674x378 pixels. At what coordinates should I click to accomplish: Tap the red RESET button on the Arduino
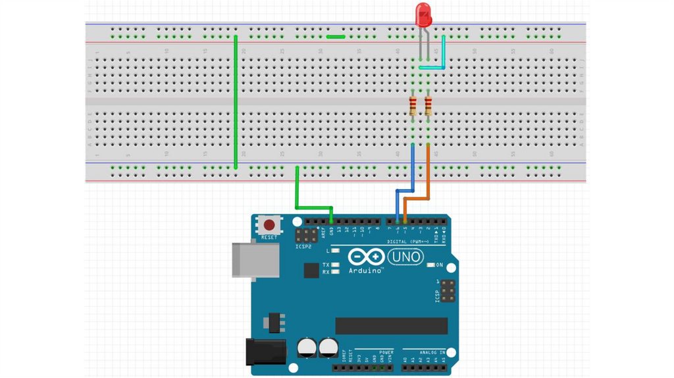269,224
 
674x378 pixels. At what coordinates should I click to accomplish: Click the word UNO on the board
407,256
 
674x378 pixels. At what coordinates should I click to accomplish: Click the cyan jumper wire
443,53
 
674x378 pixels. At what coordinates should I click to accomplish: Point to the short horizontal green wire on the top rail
336,37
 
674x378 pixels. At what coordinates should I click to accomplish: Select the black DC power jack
265,352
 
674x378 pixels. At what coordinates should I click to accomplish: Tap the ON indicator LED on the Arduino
431,265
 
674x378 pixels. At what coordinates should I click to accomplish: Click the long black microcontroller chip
391,325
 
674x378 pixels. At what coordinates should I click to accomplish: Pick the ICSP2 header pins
306,234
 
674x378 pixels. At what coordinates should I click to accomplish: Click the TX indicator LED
336,264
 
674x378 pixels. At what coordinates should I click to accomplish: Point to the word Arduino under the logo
364,270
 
